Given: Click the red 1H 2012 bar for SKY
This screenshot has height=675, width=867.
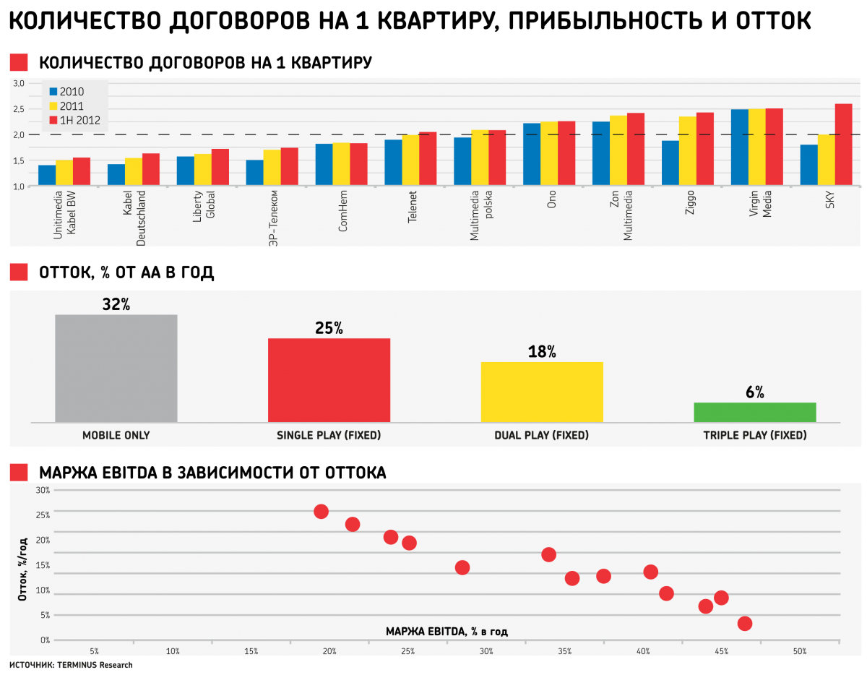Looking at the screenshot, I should pyautogui.click(x=843, y=145).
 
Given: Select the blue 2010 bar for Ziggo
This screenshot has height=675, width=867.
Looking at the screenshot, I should pyautogui.click(x=670, y=163).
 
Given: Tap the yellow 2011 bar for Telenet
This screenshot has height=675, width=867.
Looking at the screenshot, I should pyautogui.click(x=410, y=160).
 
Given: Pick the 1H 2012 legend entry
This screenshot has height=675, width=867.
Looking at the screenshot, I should pyautogui.click(x=74, y=121).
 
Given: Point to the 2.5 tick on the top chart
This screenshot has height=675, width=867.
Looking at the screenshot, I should pyautogui.click(x=19, y=109).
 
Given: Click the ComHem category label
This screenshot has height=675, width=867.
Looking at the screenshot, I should pyautogui.click(x=343, y=215).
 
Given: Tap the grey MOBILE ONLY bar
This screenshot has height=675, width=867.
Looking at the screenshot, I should pyautogui.click(x=116, y=368).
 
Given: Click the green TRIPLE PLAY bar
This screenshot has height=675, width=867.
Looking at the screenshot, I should pyautogui.click(x=755, y=412).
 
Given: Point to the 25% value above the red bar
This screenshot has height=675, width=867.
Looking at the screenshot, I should pyautogui.click(x=329, y=328).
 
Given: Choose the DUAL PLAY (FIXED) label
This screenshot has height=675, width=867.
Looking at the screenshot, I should pyautogui.click(x=542, y=436).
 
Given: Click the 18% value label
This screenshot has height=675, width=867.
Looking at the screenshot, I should pyautogui.click(x=542, y=352).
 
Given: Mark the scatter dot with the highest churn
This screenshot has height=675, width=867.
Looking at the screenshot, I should pyautogui.click(x=322, y=512).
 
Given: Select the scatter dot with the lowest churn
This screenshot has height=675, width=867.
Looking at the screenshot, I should pyautogui.click(x=745, y=624).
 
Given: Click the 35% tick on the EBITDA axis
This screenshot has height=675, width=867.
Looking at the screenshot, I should pyautogui.click(x=564, y=652).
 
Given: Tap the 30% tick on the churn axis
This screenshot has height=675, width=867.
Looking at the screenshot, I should pyautogui.click(x=43, y=490).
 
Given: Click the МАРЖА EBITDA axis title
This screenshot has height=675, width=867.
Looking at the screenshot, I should pyautogui.click(x=447, y=632).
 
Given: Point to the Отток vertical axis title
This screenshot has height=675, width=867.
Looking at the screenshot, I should pyautogui.click(x=23, y=569).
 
